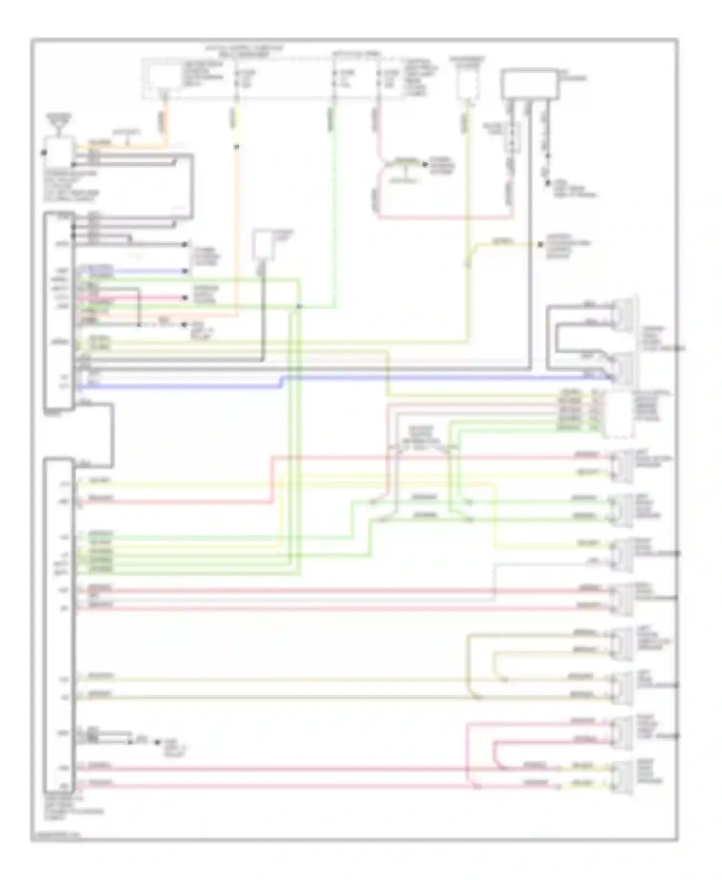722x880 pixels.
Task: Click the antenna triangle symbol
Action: [x=58, y=125]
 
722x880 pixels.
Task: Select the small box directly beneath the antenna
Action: [x=58, y=150]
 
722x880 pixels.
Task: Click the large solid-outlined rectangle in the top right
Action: [x=530, y=85]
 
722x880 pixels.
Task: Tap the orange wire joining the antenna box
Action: [x=125, y=144]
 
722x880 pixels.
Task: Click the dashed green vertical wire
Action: [x=334, y=193]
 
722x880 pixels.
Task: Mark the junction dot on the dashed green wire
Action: [x=299, y=306]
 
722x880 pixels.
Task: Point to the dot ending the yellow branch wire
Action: [x=541, y=244]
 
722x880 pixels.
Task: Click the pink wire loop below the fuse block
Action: [x=433, y=218]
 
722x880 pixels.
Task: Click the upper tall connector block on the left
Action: [x=59, y=311]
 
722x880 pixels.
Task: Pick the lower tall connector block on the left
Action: [x=59, y=626]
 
